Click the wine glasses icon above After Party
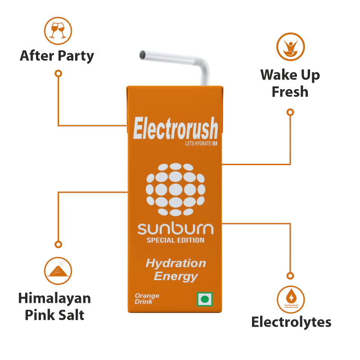58,31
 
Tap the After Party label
57,56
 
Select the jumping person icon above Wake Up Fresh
290,47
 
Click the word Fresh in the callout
290,92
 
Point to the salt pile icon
58,271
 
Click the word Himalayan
54,298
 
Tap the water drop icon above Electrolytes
291,299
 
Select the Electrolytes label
291,322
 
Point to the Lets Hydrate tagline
201,144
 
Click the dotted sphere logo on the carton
175,189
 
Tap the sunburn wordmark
175,229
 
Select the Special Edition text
175,240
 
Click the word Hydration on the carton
176,263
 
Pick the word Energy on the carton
176,276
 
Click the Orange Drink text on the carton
147,298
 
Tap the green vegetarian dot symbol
205,299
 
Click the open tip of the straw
142,55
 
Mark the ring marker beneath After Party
58,73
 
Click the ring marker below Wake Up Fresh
290,112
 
